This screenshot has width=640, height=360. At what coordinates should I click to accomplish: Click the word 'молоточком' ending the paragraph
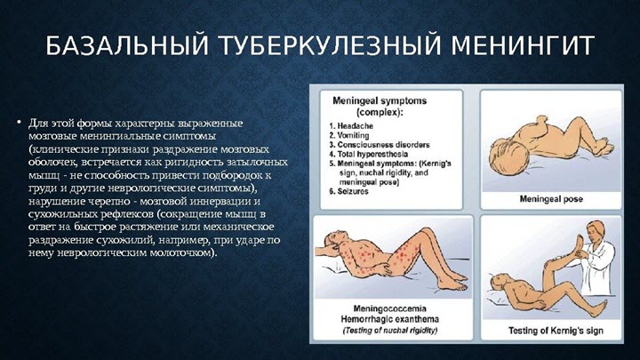tap(181, 252)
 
